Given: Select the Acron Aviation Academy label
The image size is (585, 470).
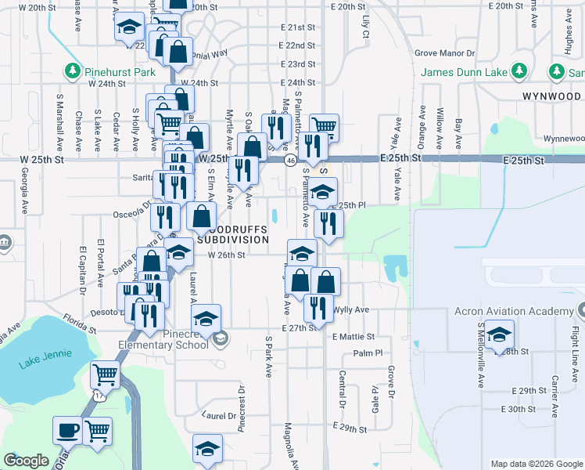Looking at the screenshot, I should coord(514,311).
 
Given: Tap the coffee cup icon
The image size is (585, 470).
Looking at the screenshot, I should coord(67,429).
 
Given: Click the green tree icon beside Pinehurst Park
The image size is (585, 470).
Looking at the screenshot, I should coord(73,71).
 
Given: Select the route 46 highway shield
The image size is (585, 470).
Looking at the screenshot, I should coord(290,160).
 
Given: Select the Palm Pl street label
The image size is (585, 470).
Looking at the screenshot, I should coord(366,353).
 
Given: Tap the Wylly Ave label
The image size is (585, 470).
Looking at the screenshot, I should coord(351,309).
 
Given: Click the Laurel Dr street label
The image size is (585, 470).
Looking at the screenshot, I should coord(218,416).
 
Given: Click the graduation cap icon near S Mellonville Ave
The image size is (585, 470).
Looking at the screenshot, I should coord(499,334).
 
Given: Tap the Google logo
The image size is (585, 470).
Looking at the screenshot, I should coord(27,461).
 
